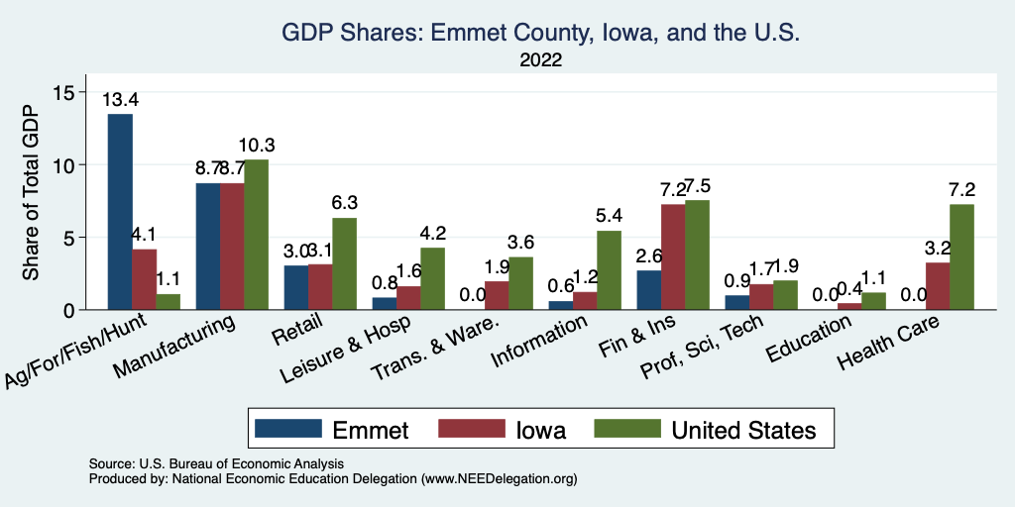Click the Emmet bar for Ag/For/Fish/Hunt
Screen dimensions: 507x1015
click(120, 212)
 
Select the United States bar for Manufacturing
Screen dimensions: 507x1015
click(256, 235)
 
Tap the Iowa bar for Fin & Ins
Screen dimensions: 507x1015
click(673, 256)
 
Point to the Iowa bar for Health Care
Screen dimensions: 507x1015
click(938, 285)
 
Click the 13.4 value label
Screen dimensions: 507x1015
click(120, 99)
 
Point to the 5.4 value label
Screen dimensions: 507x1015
click(609, 216)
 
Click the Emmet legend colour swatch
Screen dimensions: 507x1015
click(288, 429)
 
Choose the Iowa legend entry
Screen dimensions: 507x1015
click(540, 430)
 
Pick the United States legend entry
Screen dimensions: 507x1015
click(743, 430)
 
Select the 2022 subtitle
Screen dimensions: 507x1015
click(540, 60)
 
